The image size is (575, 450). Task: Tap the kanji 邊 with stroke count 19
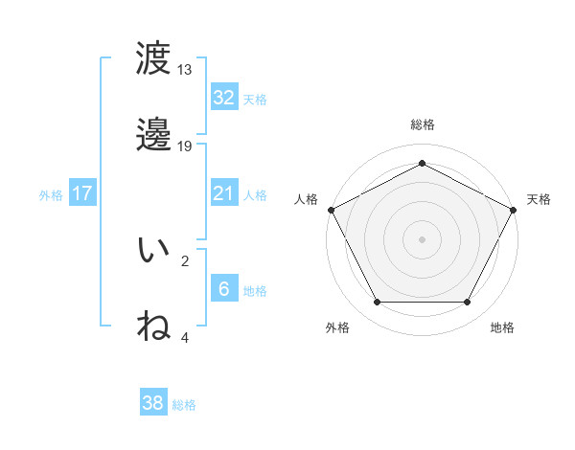coord(153,136)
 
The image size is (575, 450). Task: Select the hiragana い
coord(153,251)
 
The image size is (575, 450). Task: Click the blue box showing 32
coord(223,97)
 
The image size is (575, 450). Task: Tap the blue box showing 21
coord(223,193)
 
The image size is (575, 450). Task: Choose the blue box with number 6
coord(223,289)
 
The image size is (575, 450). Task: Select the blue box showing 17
coord(82,193)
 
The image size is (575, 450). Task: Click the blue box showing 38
coord(153,403)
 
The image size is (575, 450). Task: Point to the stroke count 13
coord(185,70)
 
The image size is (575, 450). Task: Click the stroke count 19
coord(185,146)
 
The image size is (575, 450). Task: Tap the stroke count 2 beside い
coord(185,260)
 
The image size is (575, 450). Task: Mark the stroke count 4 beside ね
coord(185,337)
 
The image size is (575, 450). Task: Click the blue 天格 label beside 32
coord(255,99)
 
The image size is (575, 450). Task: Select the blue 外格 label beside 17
coord(51,194)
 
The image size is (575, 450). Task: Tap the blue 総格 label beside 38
coord(184,405)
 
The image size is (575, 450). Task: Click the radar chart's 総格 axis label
coord(422,124)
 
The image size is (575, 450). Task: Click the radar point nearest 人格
coord(330,209)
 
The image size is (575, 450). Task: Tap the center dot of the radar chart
coord(422,238)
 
